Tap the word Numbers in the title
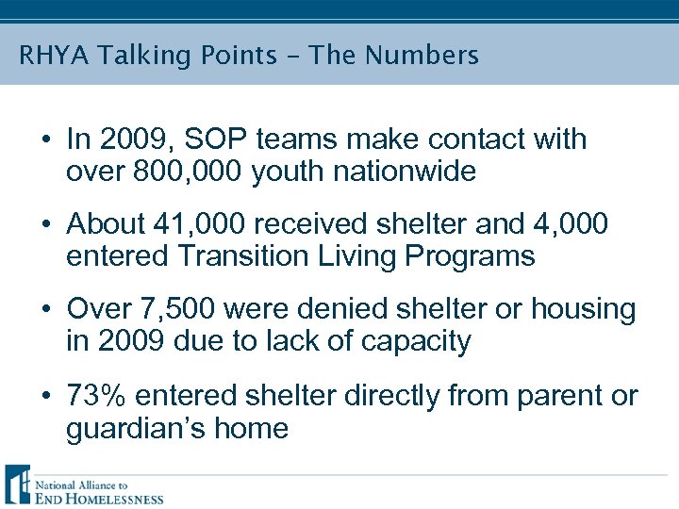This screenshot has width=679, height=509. [422, 56]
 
